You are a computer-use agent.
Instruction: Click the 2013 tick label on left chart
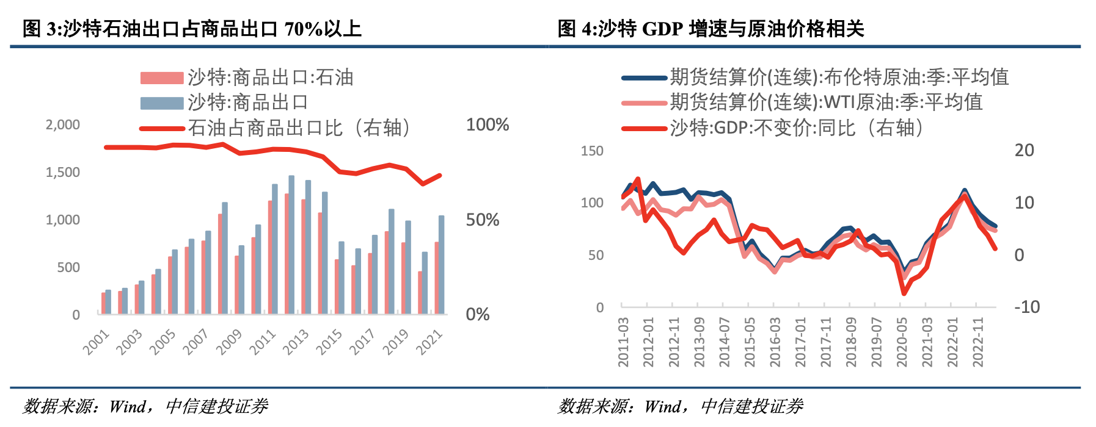[296, 342]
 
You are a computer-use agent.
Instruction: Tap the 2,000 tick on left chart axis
[63, 125]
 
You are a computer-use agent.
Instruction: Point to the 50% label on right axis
[483, 220]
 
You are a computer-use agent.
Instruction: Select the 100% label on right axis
[487, 125]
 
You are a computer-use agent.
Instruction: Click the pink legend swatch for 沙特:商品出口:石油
[162, 78]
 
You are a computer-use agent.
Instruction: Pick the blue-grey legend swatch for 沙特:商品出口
[162, 103]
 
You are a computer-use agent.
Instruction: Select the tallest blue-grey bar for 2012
[291, 244]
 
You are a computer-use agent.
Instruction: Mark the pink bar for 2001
[103, 303]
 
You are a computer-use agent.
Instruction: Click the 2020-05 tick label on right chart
[902, 342]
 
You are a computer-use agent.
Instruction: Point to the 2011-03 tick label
[623, 342]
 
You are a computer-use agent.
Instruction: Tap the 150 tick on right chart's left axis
[591, 151]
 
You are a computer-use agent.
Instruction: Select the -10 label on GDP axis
[1026, 307]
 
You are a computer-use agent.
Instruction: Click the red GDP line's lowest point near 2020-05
[904, 293]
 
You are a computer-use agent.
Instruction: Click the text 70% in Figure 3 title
[304, 29]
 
